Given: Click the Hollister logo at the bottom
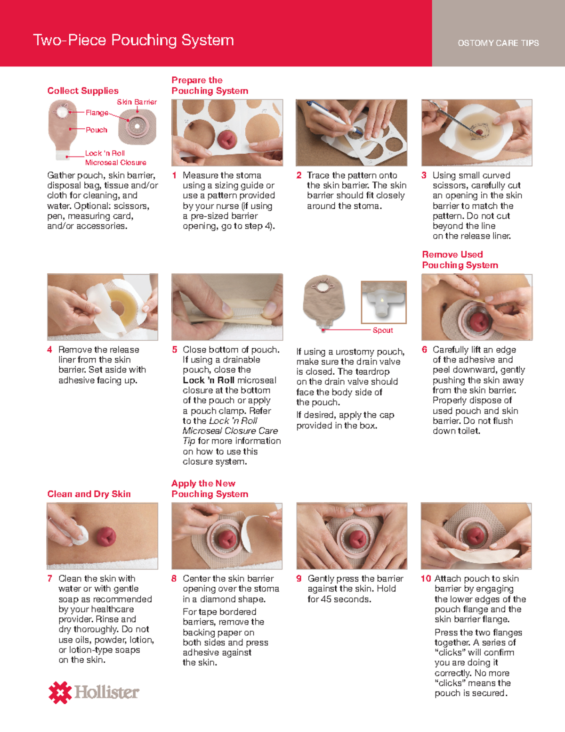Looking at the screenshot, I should [94, 692].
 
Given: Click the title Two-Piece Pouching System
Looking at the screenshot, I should [133, 41].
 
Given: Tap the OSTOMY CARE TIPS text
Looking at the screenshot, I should [498, 43].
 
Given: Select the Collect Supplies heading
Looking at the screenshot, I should [83, 90].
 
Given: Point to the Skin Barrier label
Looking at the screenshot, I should [137, 102].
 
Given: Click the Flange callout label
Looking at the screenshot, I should [97, 113].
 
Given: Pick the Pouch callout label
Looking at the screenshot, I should [96, 130].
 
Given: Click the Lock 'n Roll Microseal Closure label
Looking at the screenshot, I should [115, 158].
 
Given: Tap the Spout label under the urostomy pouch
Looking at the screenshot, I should [382, 330].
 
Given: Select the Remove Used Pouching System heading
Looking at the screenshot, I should [460, 260].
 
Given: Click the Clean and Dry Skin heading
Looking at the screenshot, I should [89, 494].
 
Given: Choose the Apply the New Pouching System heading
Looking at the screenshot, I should [210, 489].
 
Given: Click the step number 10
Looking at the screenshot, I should [426, 578].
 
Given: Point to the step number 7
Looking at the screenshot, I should [50, 578].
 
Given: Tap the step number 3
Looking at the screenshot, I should [424, 175].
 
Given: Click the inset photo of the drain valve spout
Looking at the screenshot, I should [383, 302].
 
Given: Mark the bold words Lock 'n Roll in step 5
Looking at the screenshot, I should [209, 380].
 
